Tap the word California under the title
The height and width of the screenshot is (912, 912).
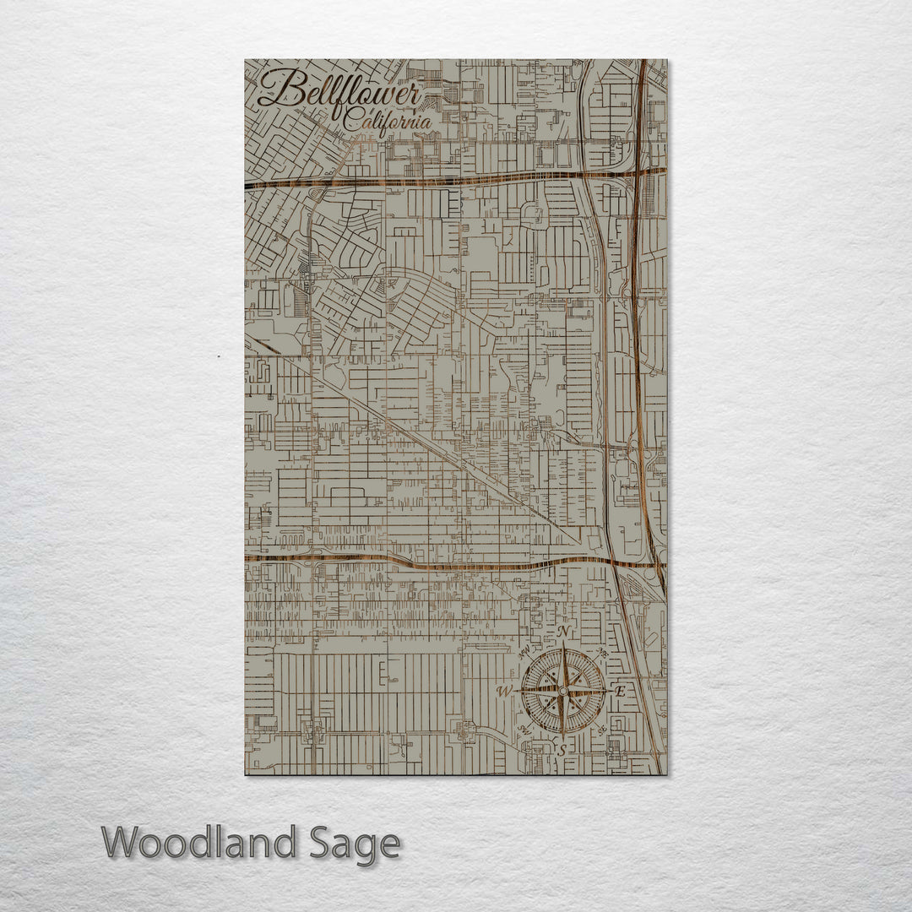(387, 122)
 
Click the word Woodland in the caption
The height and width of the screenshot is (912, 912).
(199, 844)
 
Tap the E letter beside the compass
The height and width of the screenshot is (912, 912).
(621, 691)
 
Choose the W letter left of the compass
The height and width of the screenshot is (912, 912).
(505, 692)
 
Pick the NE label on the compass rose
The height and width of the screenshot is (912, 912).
(602, 652)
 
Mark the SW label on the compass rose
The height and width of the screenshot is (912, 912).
(524, 729)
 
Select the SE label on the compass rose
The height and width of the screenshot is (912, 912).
(601, 729)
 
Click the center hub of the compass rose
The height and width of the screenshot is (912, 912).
(563, 690)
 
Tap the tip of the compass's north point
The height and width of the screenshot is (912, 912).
(563, 647)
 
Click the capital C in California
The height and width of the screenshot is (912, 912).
(351, 122)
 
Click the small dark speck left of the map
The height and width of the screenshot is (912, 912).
(218, 356)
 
